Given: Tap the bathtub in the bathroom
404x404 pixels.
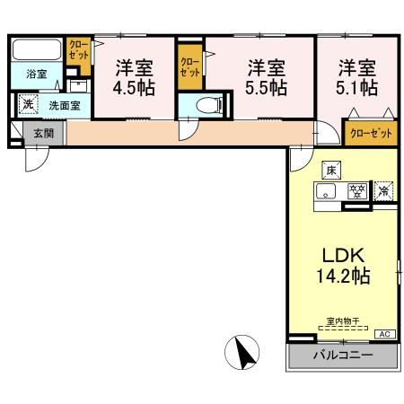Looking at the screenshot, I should click(x=35, y=48).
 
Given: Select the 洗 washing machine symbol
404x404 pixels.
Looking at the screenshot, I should click(x=28, y=104).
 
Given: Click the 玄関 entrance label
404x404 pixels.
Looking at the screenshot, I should click(x=43, y=134).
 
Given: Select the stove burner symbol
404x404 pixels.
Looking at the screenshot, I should click(x=357, y=190).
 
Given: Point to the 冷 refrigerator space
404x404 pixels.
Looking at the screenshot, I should click(x=384, y=190).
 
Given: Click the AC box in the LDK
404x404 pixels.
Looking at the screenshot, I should click(x=383, y=334).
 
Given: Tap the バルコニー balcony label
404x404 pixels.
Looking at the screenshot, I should click(x=341, y=356).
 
